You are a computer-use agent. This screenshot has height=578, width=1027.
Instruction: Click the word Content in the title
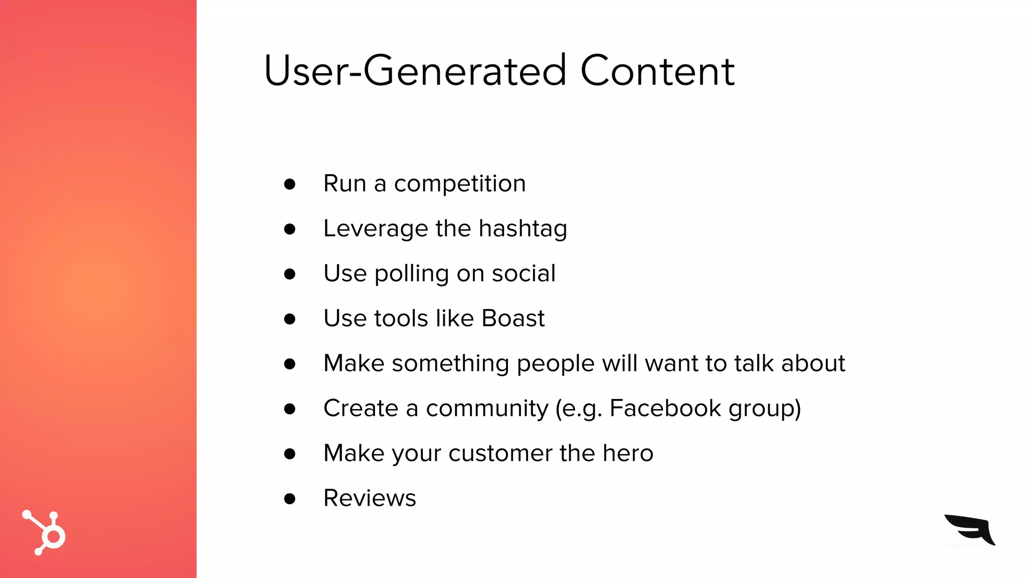(x=657, y=71)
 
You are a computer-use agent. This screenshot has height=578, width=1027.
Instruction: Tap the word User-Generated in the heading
(x=415, y=71)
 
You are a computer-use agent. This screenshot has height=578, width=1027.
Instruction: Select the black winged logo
(x=970, y=529)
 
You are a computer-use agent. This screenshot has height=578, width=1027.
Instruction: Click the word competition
(x=460, y=184)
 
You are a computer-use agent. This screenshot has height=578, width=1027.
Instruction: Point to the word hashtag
(x=523, y=229)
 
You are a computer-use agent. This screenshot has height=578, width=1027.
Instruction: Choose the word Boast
(x=512, y=318)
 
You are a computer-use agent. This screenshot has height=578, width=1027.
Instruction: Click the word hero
(x=628, y=453)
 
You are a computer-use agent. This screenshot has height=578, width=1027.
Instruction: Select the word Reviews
(x=370, y=498)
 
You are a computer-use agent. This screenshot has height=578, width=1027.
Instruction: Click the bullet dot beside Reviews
(x=289, y=499)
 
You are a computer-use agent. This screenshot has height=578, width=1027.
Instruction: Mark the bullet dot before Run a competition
(x=289, y=184)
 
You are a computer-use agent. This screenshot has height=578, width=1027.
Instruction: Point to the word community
(x=487, y=408)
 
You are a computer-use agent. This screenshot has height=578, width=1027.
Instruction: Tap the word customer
(x=500, y=454)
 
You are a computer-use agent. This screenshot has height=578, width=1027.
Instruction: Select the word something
(x=450, y=363)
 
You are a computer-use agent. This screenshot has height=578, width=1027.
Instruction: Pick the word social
(x=524, y=273)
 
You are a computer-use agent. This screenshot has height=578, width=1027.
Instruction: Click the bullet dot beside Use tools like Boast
(x=289, y=319)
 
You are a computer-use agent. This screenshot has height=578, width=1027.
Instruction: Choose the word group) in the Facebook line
(x=764, y=408)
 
